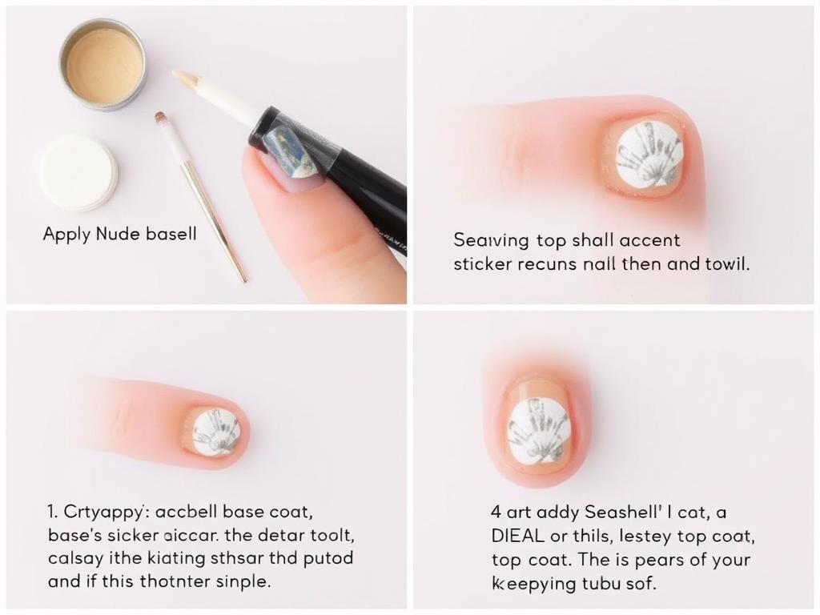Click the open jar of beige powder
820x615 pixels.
click(102, 64)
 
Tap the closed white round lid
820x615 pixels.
click(78, 173)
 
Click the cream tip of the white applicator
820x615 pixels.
click(186, 78)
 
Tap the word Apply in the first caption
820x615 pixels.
click(67, 235)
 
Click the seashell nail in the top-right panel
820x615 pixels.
click(649, 155)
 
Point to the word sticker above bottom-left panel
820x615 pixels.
click(480, 263)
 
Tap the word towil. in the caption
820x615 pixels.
click(726, 263)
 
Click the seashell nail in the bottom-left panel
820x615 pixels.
click(215, 432)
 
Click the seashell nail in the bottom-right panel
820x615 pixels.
click(537, 431)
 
